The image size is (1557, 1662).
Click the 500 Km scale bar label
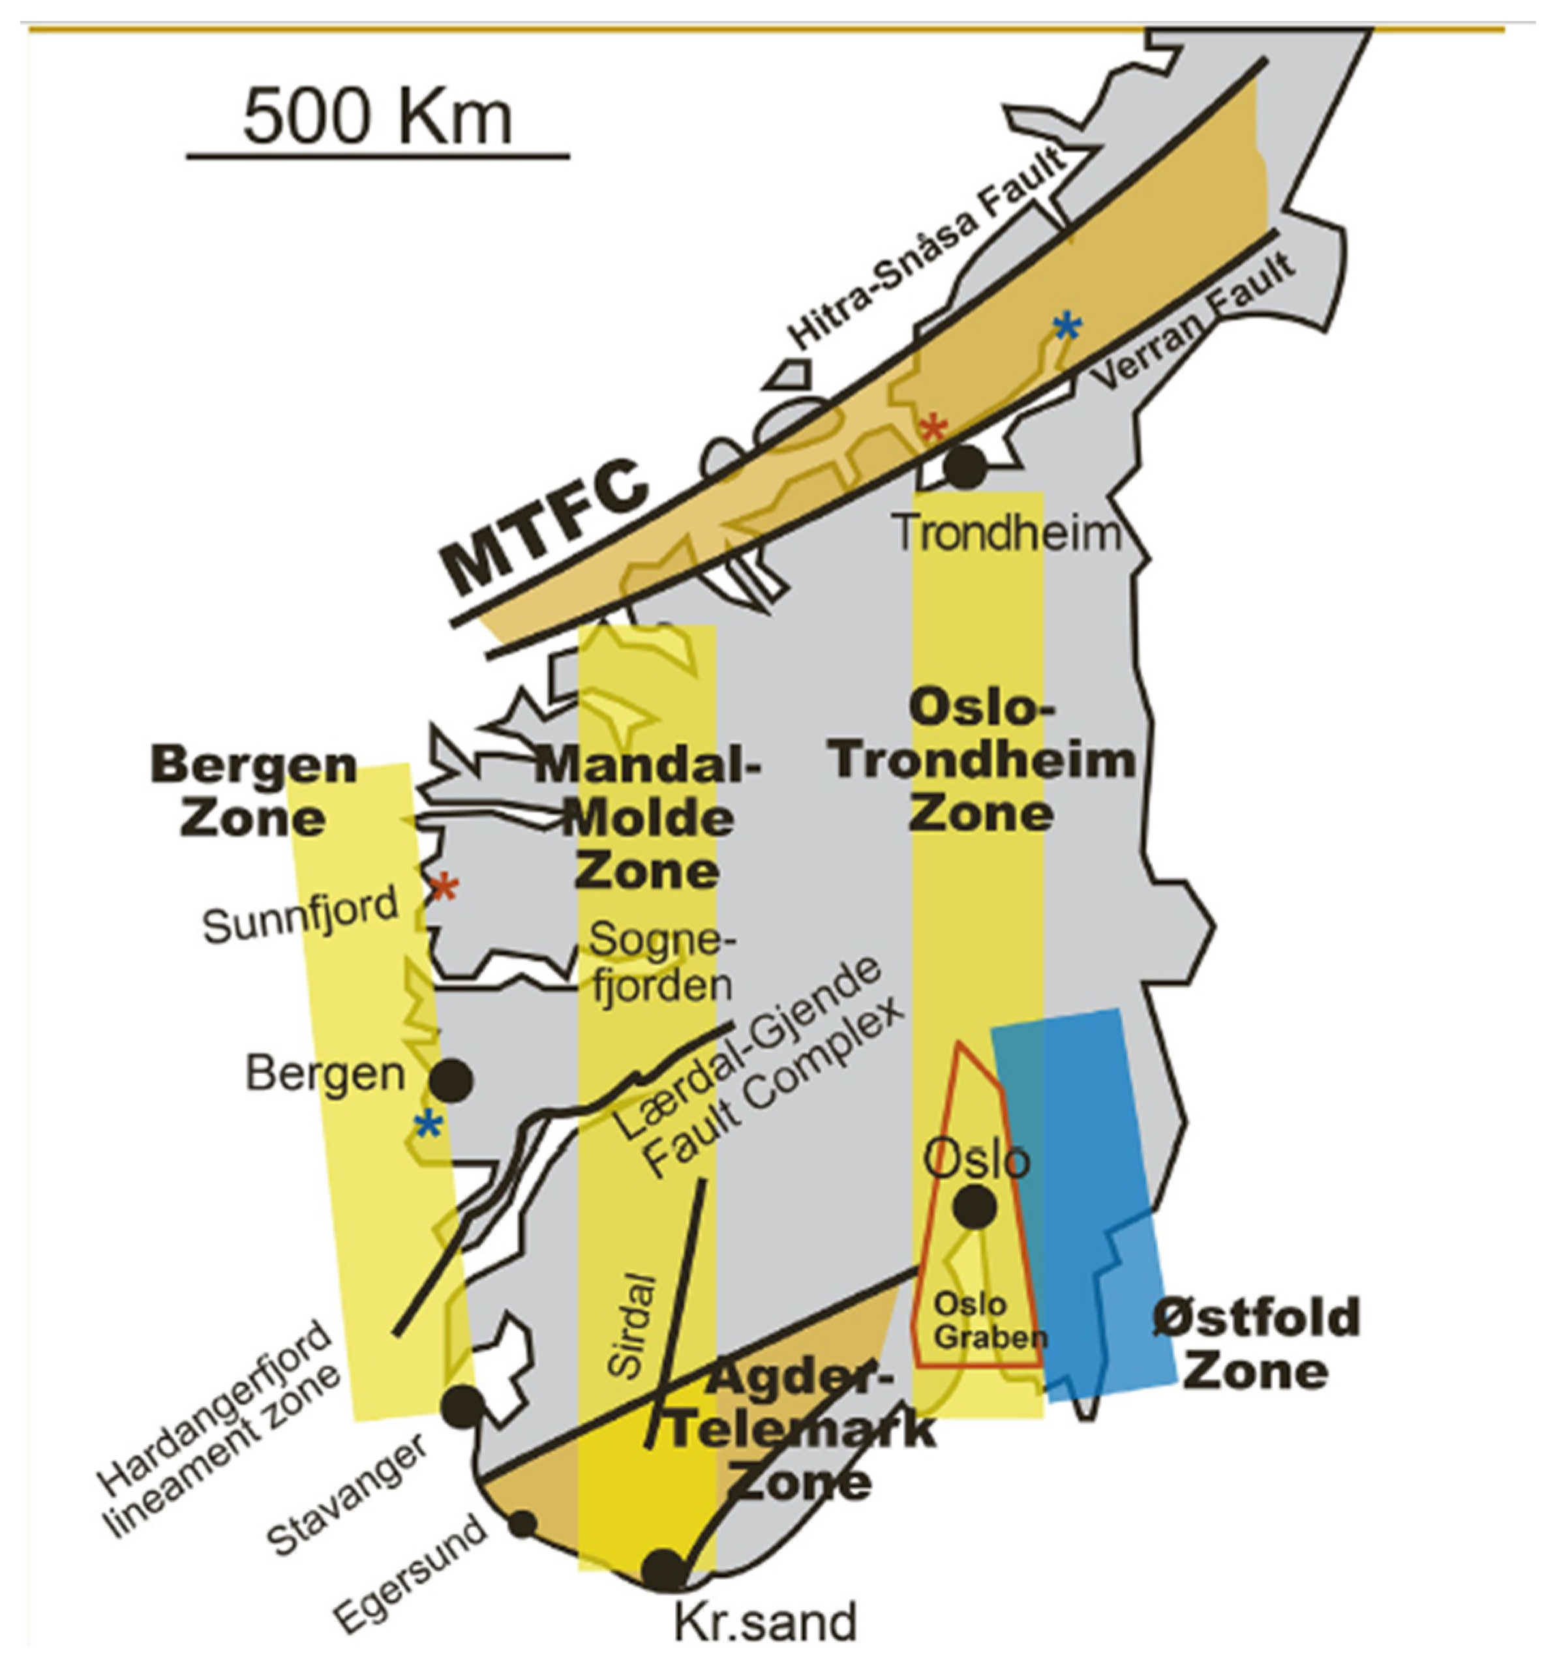pyautogui.click(x=377, y=118)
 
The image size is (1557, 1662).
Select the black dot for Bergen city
pyautogui.click(x=451, y=1080)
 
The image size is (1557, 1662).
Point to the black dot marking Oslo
pyautogui.click(x=975, y=1206)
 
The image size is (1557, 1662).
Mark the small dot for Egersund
pyautogui.click(x=522, y=1523)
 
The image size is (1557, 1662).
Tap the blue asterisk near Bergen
pyautogui.click(x=428, y=1125)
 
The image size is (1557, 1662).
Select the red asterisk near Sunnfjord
pyautogui.click(x=444, y=888)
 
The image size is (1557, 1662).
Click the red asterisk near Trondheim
pyautogui.click(x=934, y=430)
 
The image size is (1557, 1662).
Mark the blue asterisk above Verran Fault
pyautogui.click(x=1067, y=327)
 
